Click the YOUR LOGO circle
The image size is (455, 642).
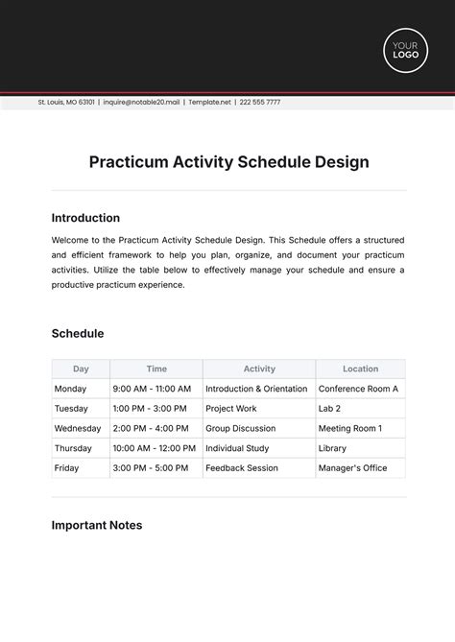(405, 50)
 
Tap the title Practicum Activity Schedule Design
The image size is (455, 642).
(228, 162)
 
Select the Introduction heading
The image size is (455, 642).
(85, 218)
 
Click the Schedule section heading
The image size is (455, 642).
(78, 334)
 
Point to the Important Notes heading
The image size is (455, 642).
(97, 525)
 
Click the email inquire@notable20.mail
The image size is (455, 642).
(142, 102)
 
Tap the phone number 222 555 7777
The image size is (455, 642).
(260, 102)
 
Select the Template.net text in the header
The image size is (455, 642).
(209, 102)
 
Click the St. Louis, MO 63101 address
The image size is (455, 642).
(66, 102)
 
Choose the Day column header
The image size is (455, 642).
(81, 369)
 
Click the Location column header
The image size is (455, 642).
(360, 369)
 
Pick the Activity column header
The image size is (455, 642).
(259, 369)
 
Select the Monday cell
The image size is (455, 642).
(71, 389)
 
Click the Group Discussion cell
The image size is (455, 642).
(241, 428)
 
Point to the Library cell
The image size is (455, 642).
(332, 448)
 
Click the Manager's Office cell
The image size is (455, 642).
(351, 468)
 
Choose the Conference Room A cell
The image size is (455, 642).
(358, 389)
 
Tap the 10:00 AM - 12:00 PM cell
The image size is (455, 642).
(154, 448)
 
